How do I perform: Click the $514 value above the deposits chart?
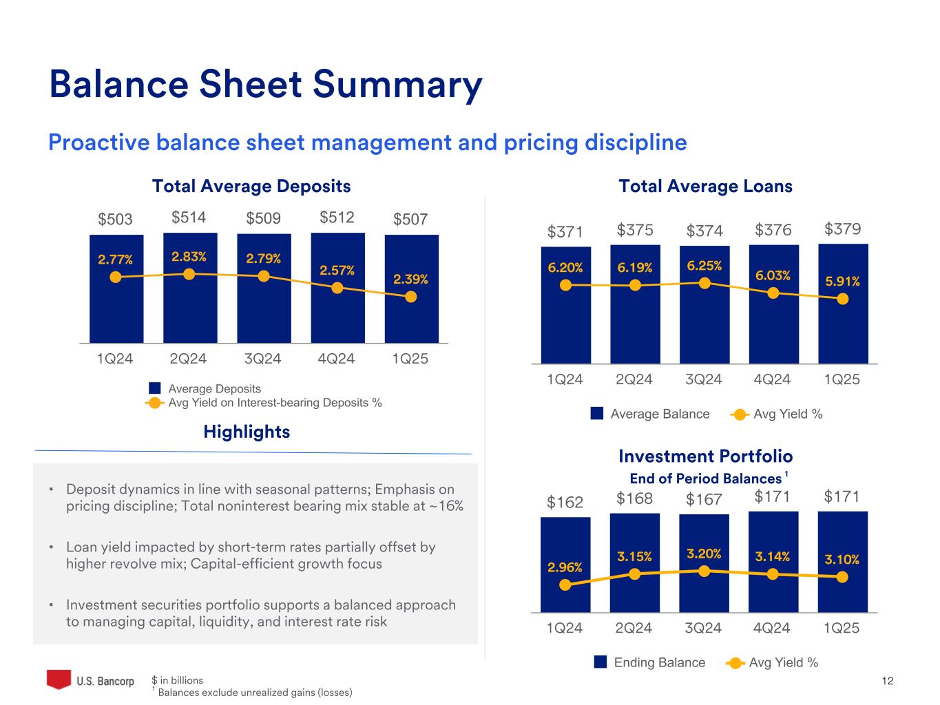coord(189,218)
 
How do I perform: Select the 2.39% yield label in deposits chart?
coord(410,279)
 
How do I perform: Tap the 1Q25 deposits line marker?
coord(411,297)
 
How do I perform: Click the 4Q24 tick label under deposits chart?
coord(337,359)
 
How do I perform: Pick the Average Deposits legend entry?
coord(214,389)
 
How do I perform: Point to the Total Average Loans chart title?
coord(705,186)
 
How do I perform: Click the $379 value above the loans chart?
coord(843,229)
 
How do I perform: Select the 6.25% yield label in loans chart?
coord(704,266)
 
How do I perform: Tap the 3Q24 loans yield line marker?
coord(704,282)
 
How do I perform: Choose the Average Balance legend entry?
coord(659,414)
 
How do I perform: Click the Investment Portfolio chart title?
coord(705,456)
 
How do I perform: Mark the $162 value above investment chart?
coord(565,503)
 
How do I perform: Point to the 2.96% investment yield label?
coord(565,567)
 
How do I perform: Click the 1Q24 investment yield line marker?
coord(565,585)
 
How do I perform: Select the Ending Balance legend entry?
coord(659,662)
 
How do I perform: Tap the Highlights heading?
coord(247,432)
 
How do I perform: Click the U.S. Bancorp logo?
coord(90,680)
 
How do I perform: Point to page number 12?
coord(887,681)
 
